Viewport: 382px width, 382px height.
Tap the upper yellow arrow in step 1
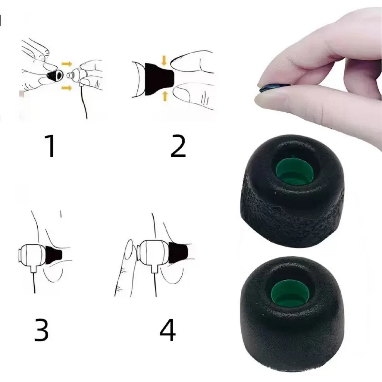[x=66, y=64]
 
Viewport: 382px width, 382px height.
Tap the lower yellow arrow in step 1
[x=66, y=88]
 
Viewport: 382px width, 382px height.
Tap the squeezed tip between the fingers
[x=269, y=88]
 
